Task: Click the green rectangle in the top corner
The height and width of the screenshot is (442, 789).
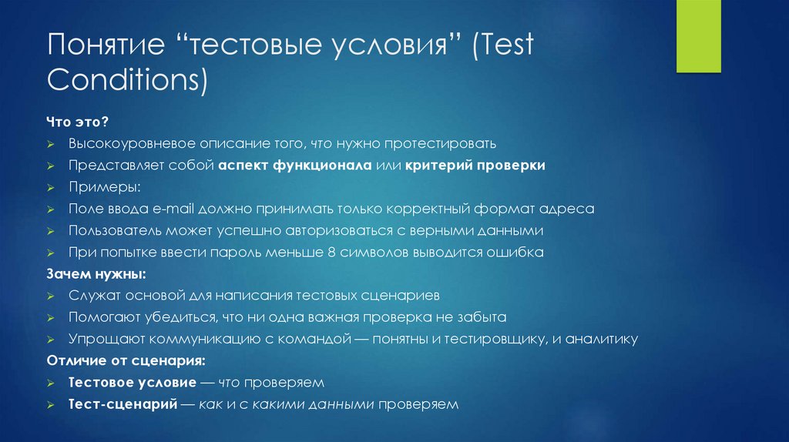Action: (x=698, y=36)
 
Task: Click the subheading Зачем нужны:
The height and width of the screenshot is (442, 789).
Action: (x=96, y=273)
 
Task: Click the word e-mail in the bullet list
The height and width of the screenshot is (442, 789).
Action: (x=176, y=209)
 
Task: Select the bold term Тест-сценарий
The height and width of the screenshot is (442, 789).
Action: (x=119, y=403)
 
